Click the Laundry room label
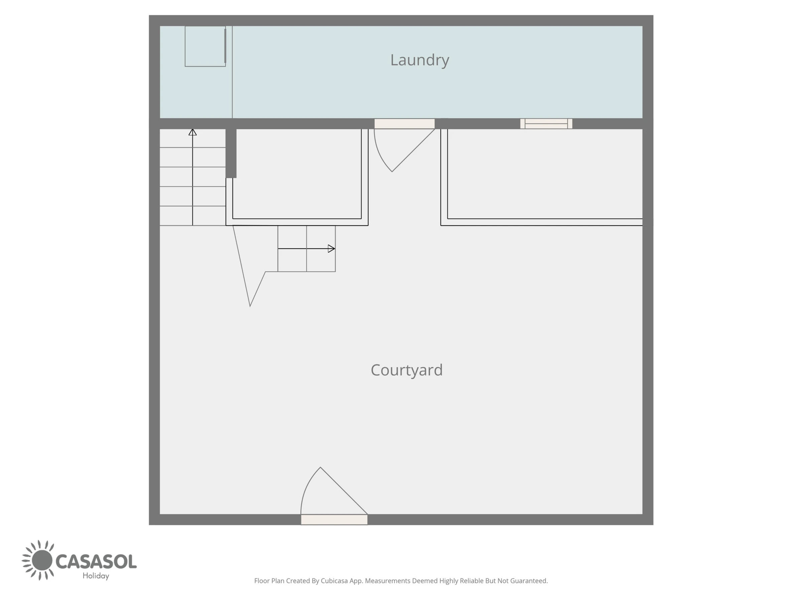[419, 60]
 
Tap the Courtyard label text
[406, 370]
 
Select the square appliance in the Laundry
[205, 46]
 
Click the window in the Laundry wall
[546, 124]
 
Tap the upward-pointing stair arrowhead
[192, 132]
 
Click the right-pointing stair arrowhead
[331, 248]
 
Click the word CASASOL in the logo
[96, 562]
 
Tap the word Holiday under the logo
[96, 576]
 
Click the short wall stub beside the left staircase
[231, 153]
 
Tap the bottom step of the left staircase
[192, 216]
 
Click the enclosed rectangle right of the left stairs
[297, 174]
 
